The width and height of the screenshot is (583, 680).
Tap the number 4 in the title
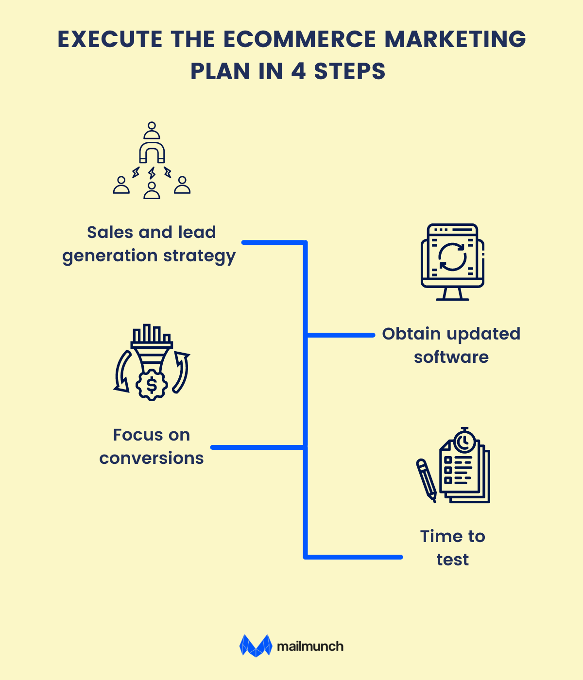(x=298, y=71)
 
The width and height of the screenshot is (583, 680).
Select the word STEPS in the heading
(x=350, y=71)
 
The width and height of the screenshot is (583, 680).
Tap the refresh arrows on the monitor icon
(x=452, y=255)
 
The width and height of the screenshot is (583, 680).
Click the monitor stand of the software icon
(x=452, y=294)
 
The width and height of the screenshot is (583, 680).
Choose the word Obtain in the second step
(x=412, y=334)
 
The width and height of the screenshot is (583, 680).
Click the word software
(x=451, y=357)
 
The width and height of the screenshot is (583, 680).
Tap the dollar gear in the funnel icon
(x=152, y=385)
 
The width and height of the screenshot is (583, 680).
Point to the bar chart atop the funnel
(x=152, y=334)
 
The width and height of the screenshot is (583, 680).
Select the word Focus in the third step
(x=131, y=435)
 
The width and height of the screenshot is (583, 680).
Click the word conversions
(x=152, y=458)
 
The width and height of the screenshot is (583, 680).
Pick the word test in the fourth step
(x=452, y=560)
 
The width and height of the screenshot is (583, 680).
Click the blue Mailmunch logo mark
(x=256, y=646)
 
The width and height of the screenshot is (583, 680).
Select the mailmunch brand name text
(x=310, y=646)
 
